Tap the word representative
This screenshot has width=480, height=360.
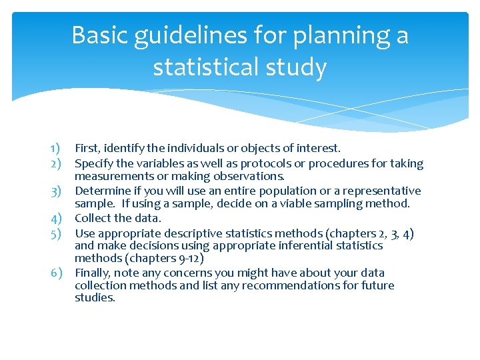[x=385, y=191]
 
